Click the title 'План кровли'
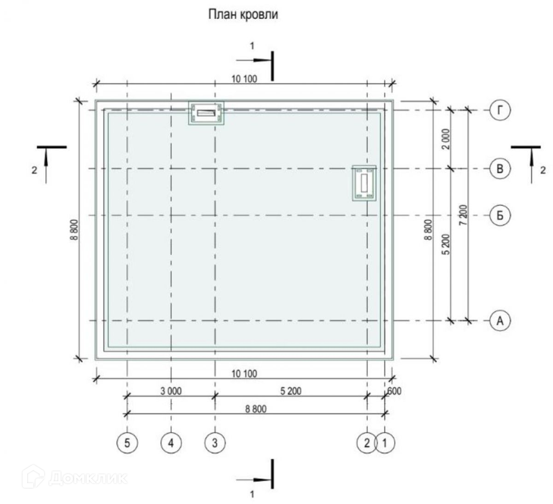click(243, 14)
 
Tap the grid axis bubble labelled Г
click(500, 110)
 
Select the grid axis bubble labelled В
click(500, 169)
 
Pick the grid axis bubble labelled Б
click(500, 215)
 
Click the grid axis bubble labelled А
click(500, 320)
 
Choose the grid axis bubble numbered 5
click(127, 443)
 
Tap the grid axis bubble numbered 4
click(171, 443)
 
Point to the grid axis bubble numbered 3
click(215, 443)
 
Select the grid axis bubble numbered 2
click(367, 443)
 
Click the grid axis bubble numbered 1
click(385, 443)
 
